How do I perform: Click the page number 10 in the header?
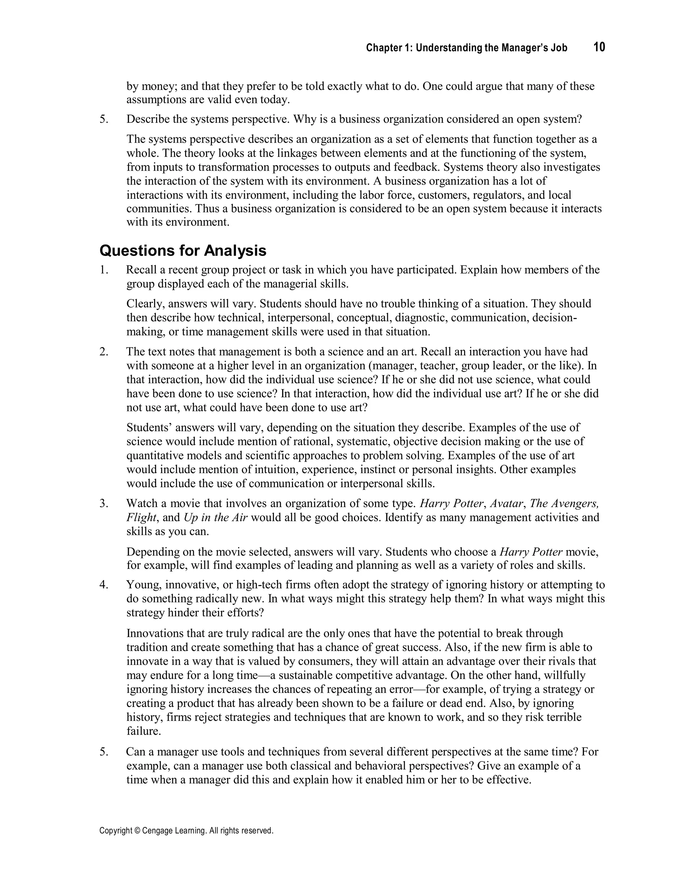(599, 47)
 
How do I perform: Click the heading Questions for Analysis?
(183, 251)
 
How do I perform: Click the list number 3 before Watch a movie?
(104, 504)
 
